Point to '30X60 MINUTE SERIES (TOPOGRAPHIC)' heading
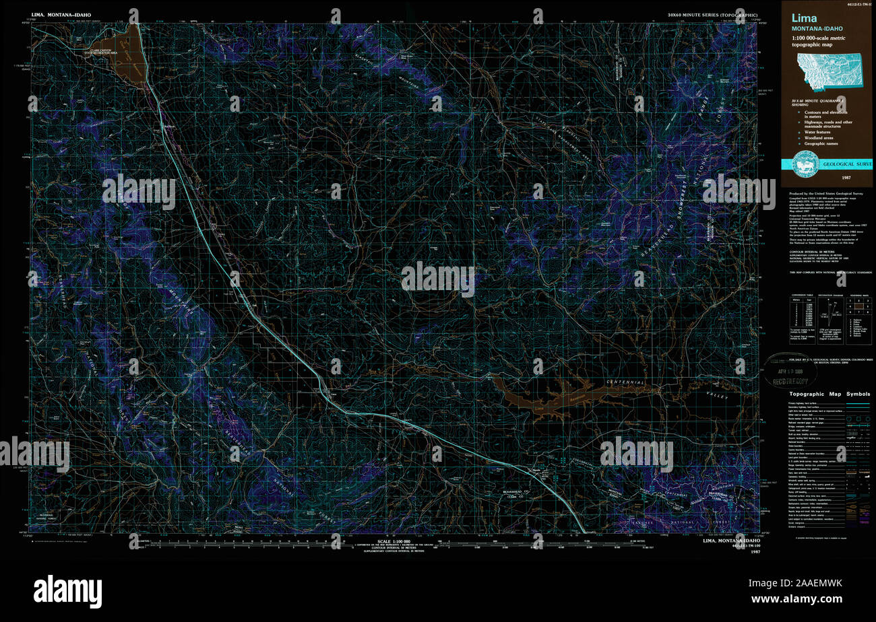pyautogui.click(x=712, y=14)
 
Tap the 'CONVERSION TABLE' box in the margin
pyautogui.click(x=802, y=312)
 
